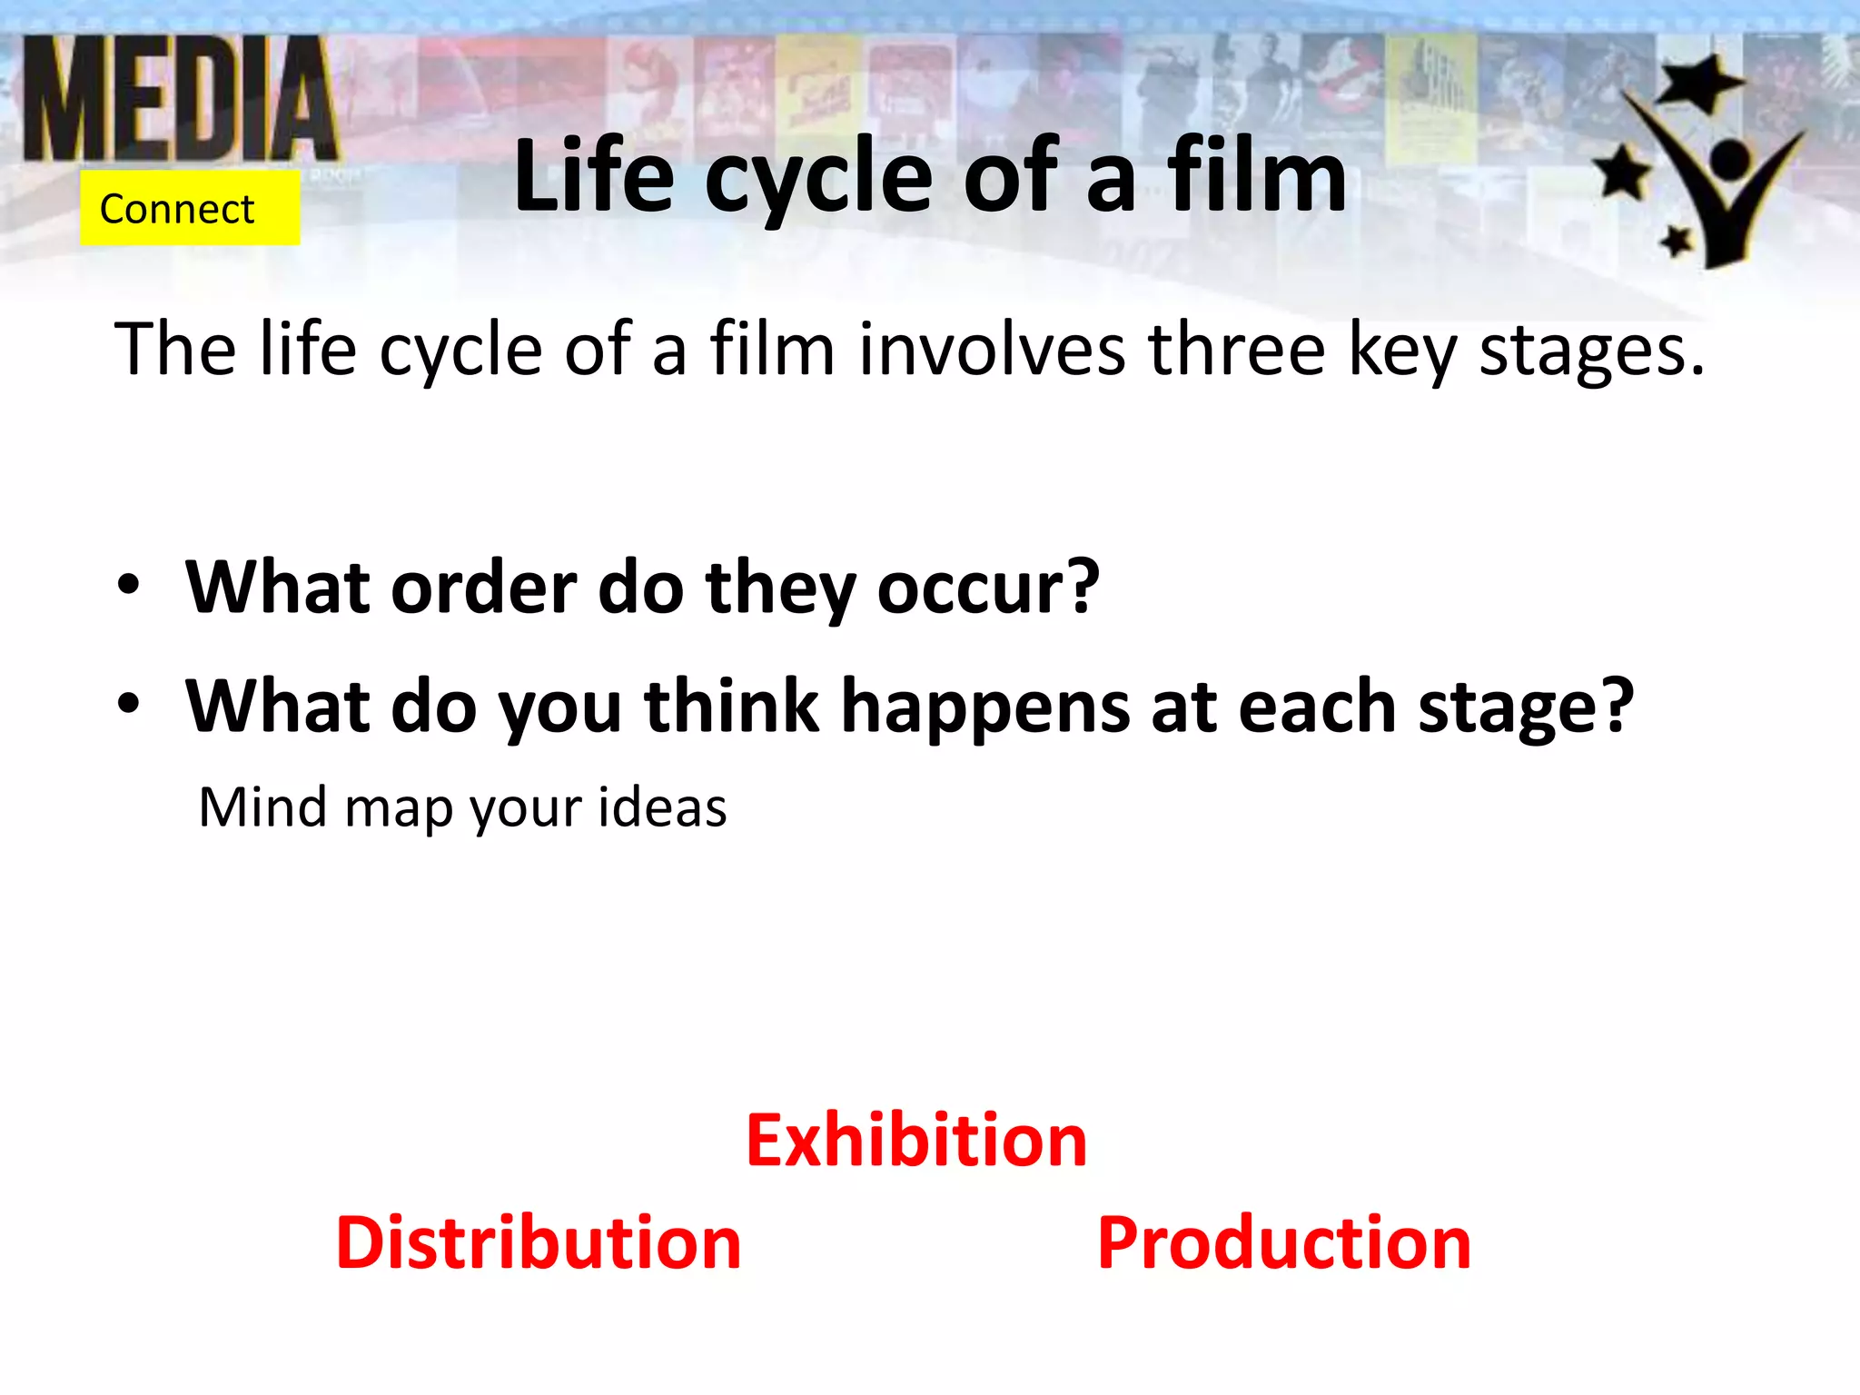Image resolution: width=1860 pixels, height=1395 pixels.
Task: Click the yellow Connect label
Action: (x=189, y=209)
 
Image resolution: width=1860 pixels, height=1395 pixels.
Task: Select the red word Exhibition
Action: (x=916, y=1141)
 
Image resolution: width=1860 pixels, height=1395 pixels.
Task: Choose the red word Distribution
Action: (x=539, y=1243)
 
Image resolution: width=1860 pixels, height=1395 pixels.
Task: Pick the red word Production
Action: (x=1283, y=1243)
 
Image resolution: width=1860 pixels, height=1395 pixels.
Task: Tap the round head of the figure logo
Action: (x=1730, y=162)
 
